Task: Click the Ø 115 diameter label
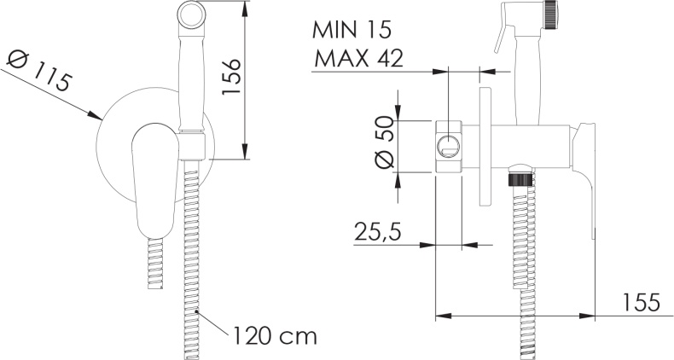click(x=38, y=71)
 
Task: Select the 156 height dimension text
click(x=230, y=78)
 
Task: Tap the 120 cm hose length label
click(x=275, y=335)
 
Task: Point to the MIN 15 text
click(x=352, y=30)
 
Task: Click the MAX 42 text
click(x=358, y=58)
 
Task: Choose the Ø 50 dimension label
click(x=384, y=142)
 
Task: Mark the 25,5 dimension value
click(x=378, y=232)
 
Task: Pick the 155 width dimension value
click(x=641, y=303)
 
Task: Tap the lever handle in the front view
click(x=154, y=181)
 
